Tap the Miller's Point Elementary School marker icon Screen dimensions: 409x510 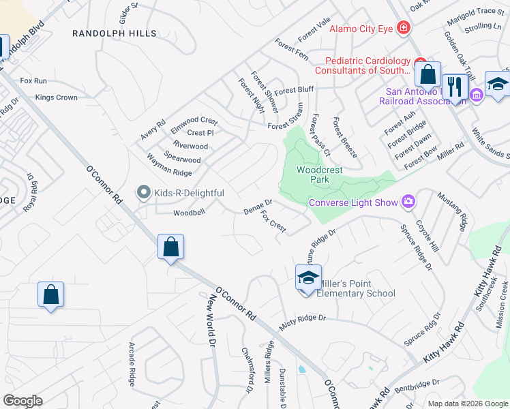[307, 278]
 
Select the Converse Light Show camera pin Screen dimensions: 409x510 [408, 201]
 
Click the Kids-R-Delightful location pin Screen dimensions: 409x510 [143, 194]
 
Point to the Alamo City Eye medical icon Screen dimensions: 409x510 [404, 28]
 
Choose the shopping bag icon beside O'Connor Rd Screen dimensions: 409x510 [171, 246]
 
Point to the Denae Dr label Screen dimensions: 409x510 [258, 207]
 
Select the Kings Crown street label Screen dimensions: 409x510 [57, 97]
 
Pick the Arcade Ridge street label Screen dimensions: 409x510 [132, 364]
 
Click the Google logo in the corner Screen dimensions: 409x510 [22, 400]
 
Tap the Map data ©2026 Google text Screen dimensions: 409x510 [467, 404]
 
